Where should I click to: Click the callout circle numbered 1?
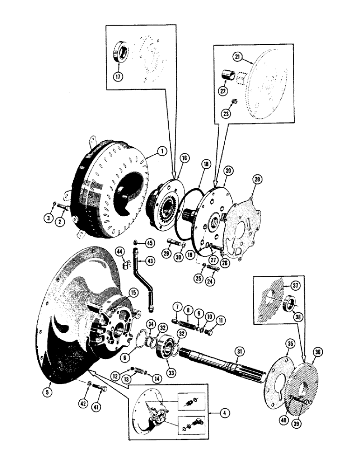[x=161, y=151]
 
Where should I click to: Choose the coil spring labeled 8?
[x=187, y=322]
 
